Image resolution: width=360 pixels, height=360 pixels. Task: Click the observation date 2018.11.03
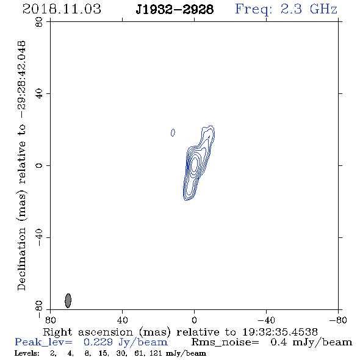pos(62,9)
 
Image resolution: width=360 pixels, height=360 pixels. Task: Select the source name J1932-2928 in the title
pos(175,10)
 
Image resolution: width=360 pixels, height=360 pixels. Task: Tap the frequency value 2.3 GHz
pos(309,9)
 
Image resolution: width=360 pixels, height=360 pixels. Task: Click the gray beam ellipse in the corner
pos(68,300)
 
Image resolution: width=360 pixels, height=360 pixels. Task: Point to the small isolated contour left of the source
pos(173,132)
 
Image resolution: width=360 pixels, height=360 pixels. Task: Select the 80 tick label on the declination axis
pos(39,22)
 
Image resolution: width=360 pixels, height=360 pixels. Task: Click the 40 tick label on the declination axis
pos(39,94)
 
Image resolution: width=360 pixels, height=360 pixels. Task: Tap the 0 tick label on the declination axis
pos(39,165)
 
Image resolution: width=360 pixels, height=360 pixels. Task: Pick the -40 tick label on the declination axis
pos(39,237)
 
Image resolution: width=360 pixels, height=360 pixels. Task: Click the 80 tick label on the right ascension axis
pos(51,320)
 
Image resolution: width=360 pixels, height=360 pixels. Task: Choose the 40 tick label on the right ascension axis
pos(123,320)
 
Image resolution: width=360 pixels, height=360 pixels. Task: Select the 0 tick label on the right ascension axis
pos(194,320)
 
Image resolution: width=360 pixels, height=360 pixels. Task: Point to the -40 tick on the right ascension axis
pos(266,320)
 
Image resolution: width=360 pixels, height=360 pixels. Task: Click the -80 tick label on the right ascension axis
pos(338,320)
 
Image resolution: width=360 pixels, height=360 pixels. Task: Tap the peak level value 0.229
pos(98,342)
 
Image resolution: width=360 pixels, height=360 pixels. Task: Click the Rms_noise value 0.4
pos(279,342)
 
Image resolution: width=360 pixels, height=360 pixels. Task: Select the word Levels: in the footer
pos(27,353)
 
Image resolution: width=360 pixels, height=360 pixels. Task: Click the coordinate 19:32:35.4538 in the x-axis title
pos(280,332)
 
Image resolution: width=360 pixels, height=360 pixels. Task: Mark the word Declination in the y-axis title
pos(21,259)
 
